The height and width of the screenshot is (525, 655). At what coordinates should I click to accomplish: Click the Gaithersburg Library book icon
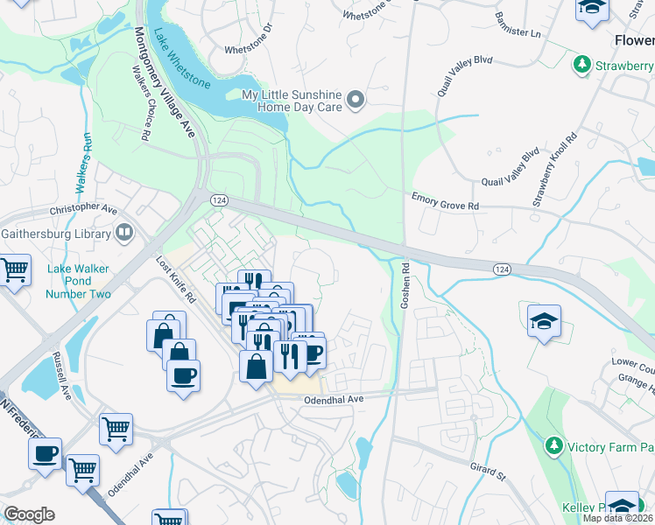pos(124,234)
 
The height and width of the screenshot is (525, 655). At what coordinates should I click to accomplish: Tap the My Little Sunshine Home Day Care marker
pos(355,101)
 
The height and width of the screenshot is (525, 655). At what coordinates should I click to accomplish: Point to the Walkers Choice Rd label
pos(139,103)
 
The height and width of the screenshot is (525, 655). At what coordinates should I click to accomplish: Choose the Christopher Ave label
pos(83,210)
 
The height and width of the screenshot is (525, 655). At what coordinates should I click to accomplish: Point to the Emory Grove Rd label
pos(446,205)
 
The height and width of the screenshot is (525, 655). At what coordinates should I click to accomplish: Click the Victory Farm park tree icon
pos(553,446)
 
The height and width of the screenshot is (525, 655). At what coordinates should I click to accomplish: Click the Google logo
pos(29,514)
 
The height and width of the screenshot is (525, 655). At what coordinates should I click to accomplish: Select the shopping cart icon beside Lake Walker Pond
pos(15,270)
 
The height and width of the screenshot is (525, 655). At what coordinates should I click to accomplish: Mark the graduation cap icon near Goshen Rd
pos(544,320)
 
